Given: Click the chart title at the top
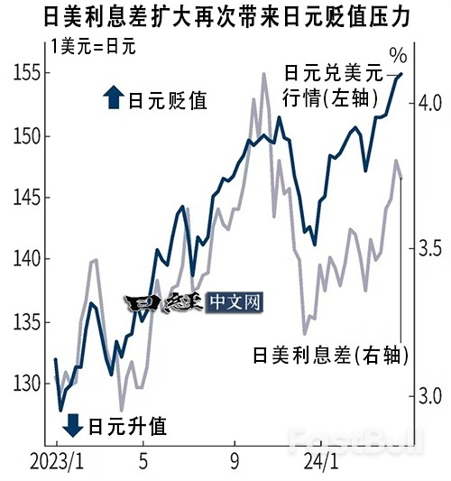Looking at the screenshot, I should [225, 17].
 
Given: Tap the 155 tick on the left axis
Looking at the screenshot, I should [30, 74].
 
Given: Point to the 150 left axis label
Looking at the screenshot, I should [30, 136].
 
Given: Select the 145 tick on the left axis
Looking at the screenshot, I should [30, 198].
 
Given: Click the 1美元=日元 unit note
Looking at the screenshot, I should [93, 47].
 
